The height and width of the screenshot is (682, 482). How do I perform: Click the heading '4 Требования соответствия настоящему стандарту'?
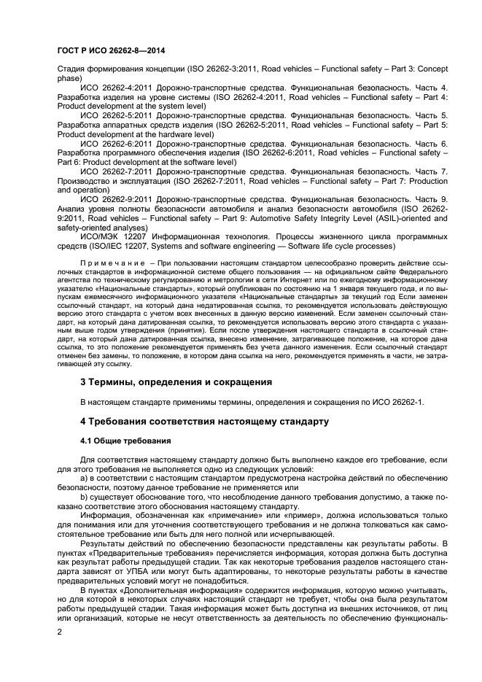pos(195,422)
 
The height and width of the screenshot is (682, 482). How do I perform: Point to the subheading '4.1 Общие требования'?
pos(125,441)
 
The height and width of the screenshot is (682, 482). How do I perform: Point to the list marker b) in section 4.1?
pos(85,496)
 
